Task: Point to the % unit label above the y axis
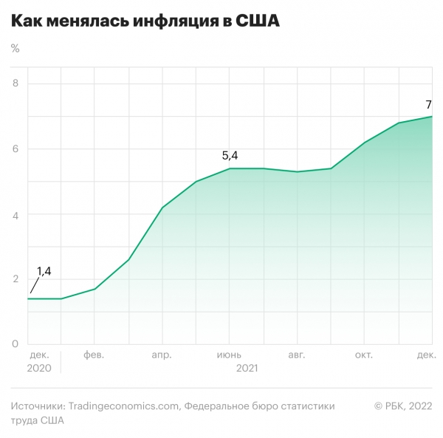(x=16, y=49)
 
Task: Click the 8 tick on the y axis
(x=15, y=84)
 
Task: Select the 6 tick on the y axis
(x=15, y=149)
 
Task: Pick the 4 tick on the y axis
(x=15, y=214)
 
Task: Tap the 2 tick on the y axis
(x=15, y=279)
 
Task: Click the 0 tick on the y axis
(x=15, y=344)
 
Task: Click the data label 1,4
(x=44, y=272)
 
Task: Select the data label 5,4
(x=230, y=155)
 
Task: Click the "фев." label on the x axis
(x=94, y=355)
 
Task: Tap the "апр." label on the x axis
(x=162, y=355)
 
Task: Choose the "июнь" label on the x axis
(x=230, y=355)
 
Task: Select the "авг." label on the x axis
(x=297, y=355)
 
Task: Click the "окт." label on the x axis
(x=365, y=355)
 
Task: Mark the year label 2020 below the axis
(x=40, y=367)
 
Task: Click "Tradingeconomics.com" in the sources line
(x=123, y=406)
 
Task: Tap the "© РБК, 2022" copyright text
(x=403, y=406)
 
